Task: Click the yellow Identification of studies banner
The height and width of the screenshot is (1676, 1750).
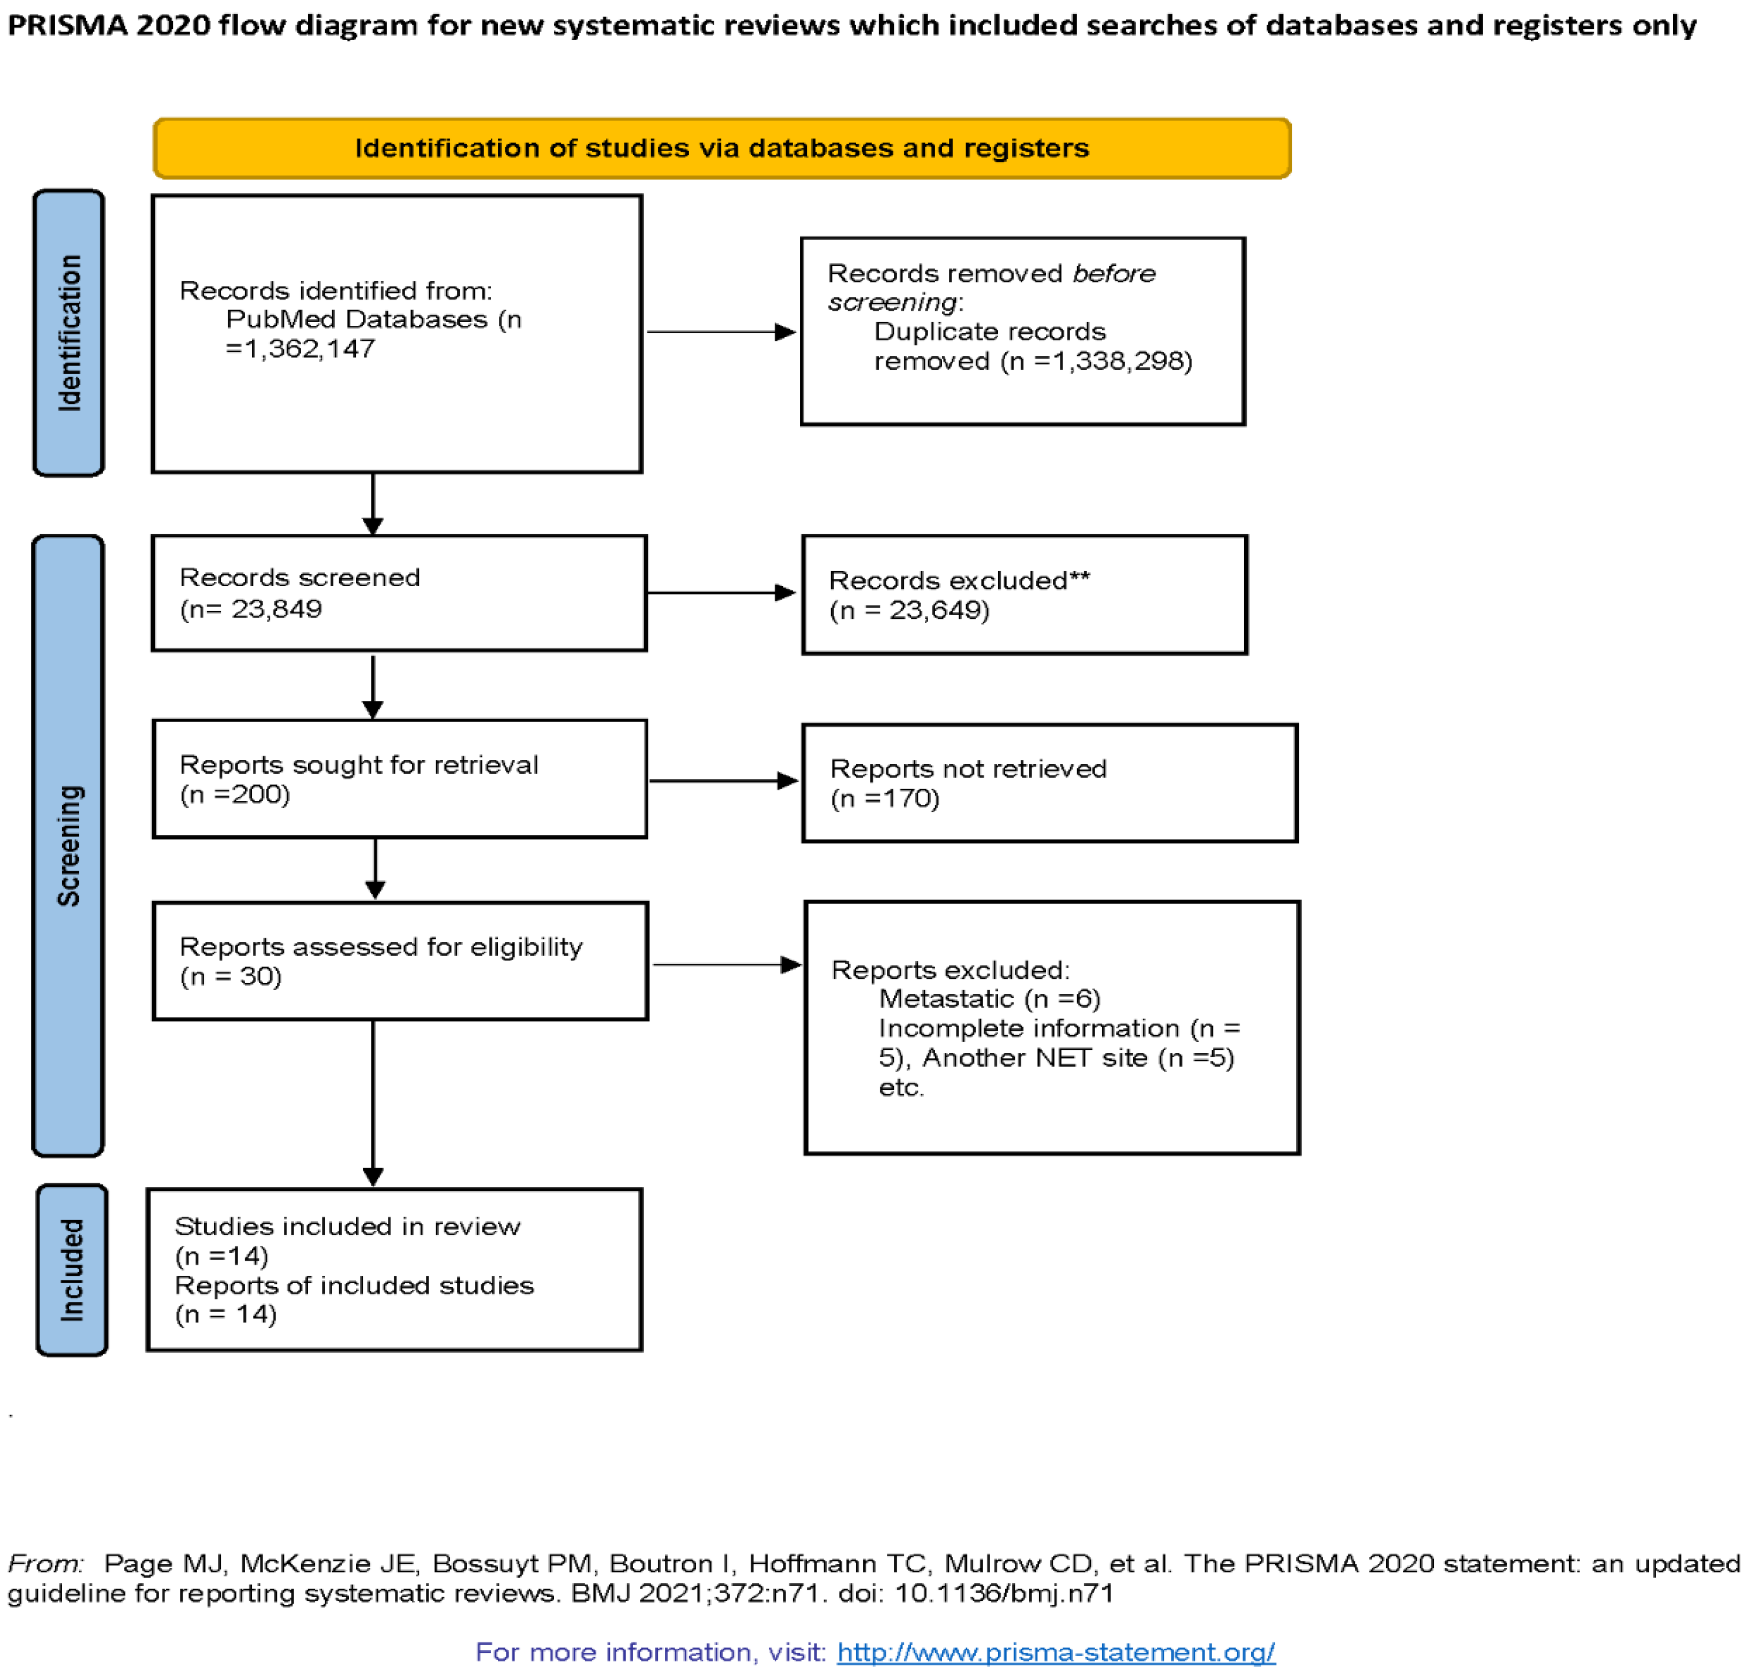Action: click(721, 148)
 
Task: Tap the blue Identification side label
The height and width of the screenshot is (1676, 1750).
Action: click(69, 333)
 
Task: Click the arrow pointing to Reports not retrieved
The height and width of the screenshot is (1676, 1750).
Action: click(723, 781)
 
